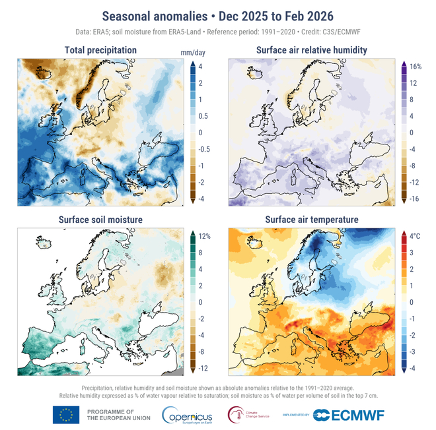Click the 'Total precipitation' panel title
pyautogui.click(x=101, y=50)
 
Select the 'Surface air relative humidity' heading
pyautogui.click(x=312, y=50)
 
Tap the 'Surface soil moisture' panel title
pyautogui.click(x=101, y=219)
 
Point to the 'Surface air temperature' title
pyautogui.click(x=312, y=219)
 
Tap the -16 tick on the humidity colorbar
pyautogui.click(x=415, y=198)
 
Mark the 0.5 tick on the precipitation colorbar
pyautogui.click(x=204, y=116)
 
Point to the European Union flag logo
pyautogui.click(x=65, y=415)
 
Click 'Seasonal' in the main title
pyautogui.click(x=128, y=15)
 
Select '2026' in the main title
pyautogui.click(x=314, y=15)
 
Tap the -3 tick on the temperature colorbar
pyautogui.click(x=414, y=352)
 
